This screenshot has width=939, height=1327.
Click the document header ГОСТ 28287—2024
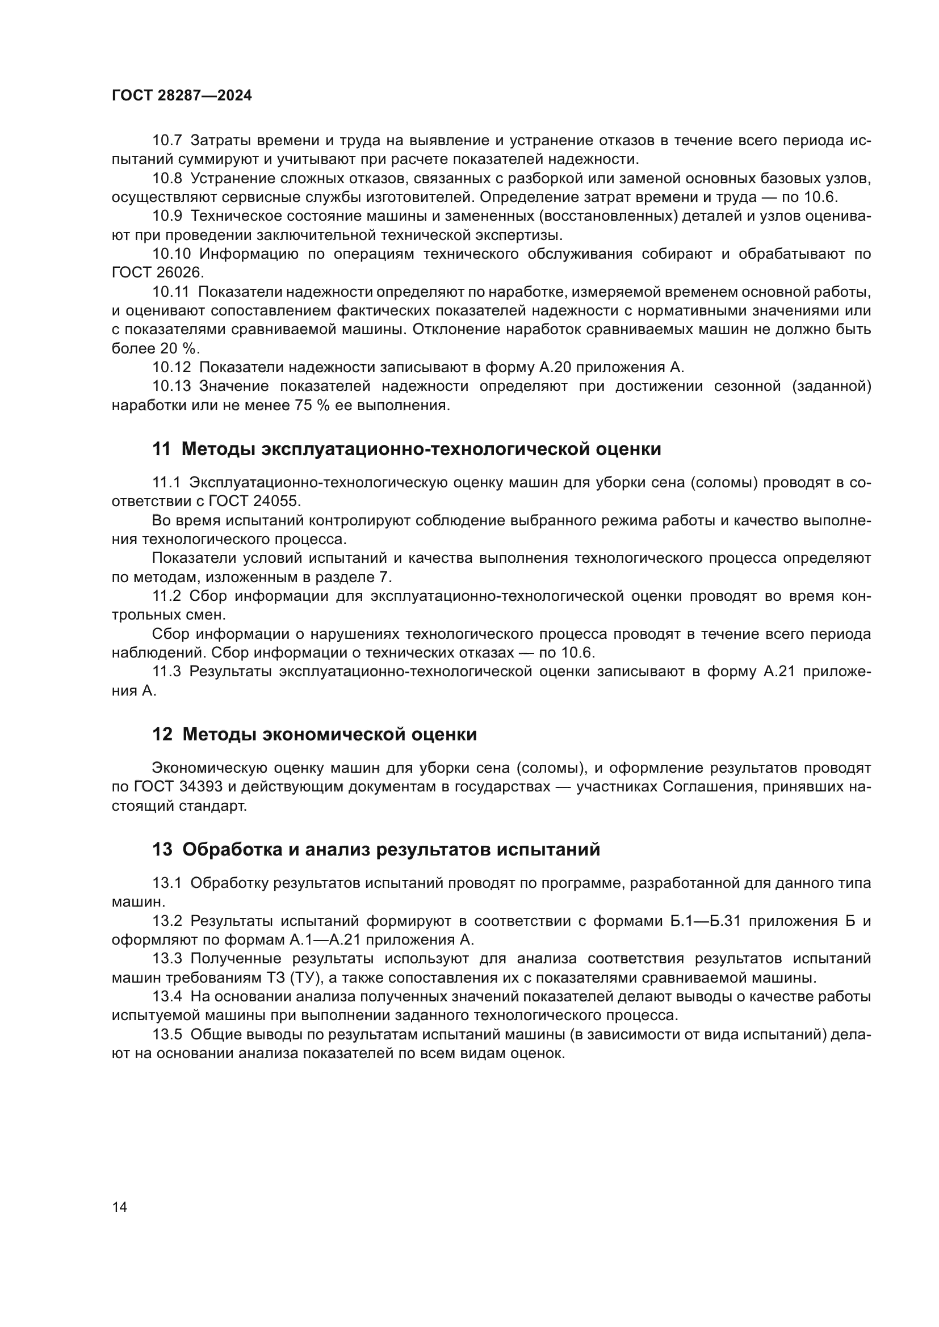(x=182, y=96)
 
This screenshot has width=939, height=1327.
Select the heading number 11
(x=161, y=449)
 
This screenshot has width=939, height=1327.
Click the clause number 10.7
(x=167, y=141)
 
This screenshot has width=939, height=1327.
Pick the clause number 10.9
(x=167, y=216)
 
